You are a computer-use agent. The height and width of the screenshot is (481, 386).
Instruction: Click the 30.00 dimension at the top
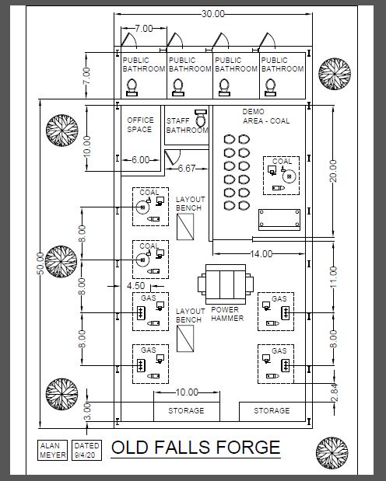pyautogui.click(x=213, y=14)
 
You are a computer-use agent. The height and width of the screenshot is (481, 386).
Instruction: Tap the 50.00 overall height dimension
pyautogui.click(x=40, y=263)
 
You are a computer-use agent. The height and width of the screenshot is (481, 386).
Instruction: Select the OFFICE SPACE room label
pyautogui.click(x=140, y=124)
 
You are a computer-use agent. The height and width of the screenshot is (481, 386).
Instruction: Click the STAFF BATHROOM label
pyautogui.click(x=187, y=125)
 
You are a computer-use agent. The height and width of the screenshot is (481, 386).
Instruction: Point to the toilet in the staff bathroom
pyautogui.click(x=202, y=118)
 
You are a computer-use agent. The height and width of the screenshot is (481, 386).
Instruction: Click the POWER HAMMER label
pyautogui.click(x=226, y=314)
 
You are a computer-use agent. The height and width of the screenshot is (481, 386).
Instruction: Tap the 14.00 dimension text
pyautogui.click(x=261, y=253)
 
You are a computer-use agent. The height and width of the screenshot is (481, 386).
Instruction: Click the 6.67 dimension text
pyautogui.click(x=187, y=169)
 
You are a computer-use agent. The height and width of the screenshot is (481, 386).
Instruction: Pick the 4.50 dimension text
pyautogui.click(x=135, y=286)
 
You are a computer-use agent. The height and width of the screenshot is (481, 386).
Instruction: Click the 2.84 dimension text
pyautogui.click(x=335, y=392)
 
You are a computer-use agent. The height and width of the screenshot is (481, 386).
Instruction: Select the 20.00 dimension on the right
pyautogui.click(x=333, y=171)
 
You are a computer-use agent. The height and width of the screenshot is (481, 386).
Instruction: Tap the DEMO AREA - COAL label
pyautogui.click(x=266, y=117)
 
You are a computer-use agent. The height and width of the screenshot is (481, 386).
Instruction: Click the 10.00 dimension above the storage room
pyautogui.click(x=187, y=392)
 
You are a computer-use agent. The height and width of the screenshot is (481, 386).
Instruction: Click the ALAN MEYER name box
pyautogui.click(x=53, y=450)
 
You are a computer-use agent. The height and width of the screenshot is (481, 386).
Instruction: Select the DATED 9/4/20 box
pyautogui.click(x=86, y=450)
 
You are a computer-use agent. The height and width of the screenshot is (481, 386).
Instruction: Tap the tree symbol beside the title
pyautogui.click(x=332, y=453)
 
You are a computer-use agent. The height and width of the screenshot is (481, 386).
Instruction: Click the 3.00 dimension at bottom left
pyautogui.click(x=88, y=412)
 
